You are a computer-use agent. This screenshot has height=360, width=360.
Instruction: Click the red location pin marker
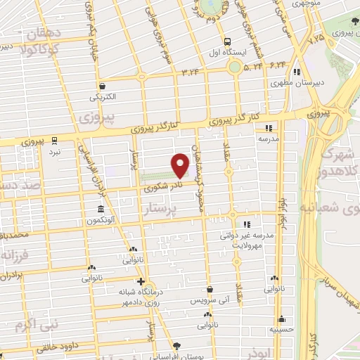(x=180, y=165)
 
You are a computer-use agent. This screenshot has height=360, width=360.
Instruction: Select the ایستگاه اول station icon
(x=227, y=41)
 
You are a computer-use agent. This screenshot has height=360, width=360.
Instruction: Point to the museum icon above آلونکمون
(x=102, y=209)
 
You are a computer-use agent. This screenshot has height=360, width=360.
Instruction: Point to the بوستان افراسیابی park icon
(x=176, y=345)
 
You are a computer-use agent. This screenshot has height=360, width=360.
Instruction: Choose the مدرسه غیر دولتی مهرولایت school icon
(x=245, y=224)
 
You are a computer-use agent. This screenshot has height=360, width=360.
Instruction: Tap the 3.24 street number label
(x=190, y=72)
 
